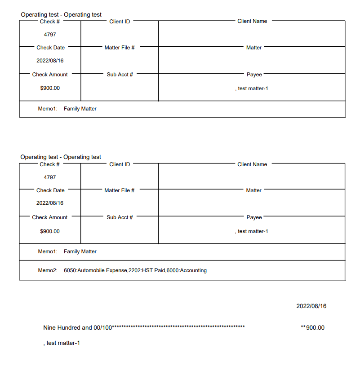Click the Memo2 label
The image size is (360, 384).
tap(48, 270)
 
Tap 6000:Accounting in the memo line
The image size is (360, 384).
tap(187, 270)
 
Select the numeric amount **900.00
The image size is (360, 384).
tap(312, 327)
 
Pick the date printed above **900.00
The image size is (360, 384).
tap(311, 306)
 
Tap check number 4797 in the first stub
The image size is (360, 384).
tap(50, 34)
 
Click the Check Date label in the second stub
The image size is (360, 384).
tap(50, 190)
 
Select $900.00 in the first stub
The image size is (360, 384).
tap(50, 88)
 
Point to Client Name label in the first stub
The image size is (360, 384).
tap(252, 21)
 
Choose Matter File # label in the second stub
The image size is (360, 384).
tap(120, 190)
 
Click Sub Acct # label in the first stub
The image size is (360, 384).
tap(120, 75)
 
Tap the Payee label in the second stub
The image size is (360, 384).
tap(254, 217)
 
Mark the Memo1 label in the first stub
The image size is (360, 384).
tap(48, 109)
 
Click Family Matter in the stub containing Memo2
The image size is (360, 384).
tap(80, 252)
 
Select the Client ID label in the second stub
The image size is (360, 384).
tap(120, 164)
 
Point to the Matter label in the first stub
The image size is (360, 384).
tap(254, 48)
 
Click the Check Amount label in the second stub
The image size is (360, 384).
tap(50, 217)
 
